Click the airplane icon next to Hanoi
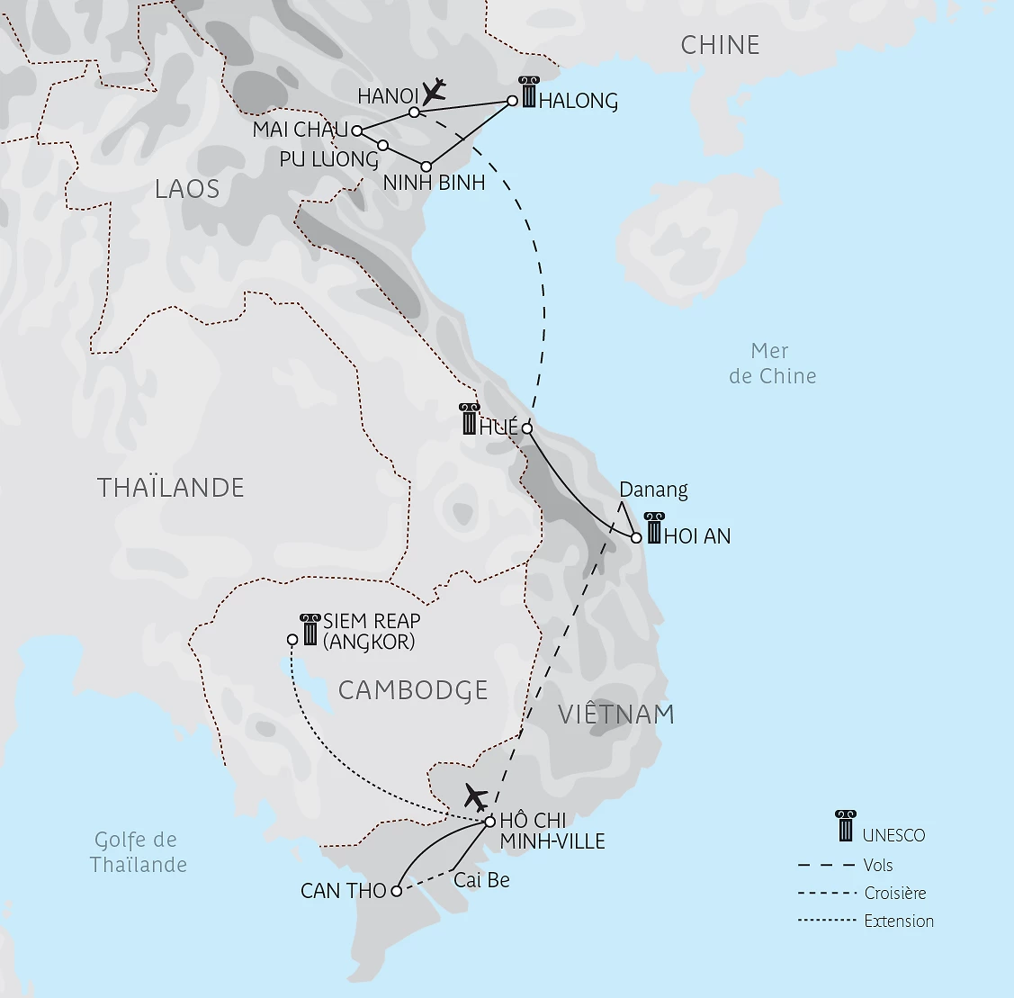coord(434,91)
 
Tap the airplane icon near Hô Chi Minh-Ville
coord(476,796)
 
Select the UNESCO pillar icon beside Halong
coord(528,93)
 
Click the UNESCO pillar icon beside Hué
coord(469,419)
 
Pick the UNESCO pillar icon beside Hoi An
coord(654,528)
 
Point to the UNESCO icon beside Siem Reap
coord(310,629)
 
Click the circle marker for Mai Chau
coord(357,130)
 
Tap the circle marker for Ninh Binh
coord(426,166)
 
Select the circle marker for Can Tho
coord(396,891)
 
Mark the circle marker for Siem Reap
coord(292,640)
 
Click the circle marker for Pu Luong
coord(382,146)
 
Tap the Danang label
coord(653,490)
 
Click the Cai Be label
coord(481,880)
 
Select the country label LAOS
coord(187,189)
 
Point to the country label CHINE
coord(720,45)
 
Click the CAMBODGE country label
coord(413,690)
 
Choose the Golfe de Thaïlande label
coord(138,852)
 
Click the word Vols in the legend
coord(877,866)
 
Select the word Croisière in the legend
coord(894,894)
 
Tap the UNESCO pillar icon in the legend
coord(845,825)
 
